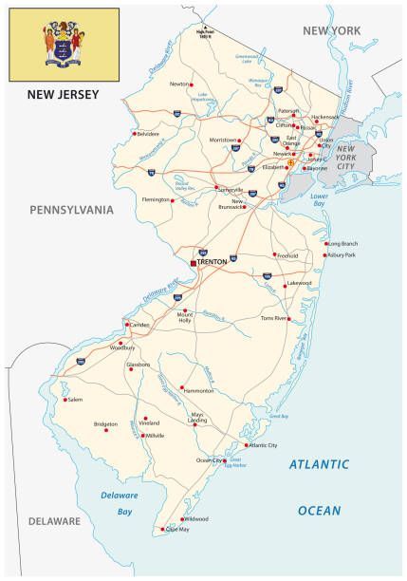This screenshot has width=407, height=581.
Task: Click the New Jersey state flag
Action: (64, 45)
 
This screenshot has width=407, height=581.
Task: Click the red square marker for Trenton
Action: (194, 261)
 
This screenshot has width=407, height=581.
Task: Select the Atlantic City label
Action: (263, 444)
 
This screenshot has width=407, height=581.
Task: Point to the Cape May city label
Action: (177, 529)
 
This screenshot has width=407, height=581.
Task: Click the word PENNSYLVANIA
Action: (71, 209)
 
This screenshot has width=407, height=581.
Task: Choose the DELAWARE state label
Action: (54, 521)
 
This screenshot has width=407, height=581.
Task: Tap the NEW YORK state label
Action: (331, 31)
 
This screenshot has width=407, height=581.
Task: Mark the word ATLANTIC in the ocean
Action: (319, 464)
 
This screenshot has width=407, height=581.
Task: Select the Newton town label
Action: (179, 84)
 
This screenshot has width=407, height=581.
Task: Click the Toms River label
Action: (272, 319)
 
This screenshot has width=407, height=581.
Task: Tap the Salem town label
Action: (75, 400)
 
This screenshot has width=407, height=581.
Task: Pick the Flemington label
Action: (156, 200)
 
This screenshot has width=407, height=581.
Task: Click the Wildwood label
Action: (196, 519)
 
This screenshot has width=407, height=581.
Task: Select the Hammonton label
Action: (199, 390)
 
